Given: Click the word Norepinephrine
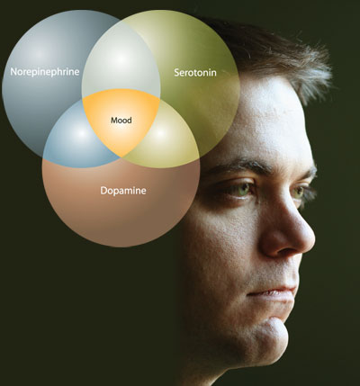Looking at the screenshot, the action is pyautogui.click(x=45, y=72).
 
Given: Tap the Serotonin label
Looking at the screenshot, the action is pyautogui.click(x=195, y=73).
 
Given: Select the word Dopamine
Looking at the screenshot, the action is pyautogui.click(x=123, y=191).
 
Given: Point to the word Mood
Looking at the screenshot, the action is pyautogui.click(x=121, y=121).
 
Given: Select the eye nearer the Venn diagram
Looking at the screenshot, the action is pyautogui.click(x=241, y=190).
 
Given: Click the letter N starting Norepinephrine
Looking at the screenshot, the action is pyautogui.click(x=13, y=72).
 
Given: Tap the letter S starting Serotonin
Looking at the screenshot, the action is pyautogui.click(x=177, y=73).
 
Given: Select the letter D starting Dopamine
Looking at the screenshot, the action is pyautogui.click(x=103, y=191).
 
